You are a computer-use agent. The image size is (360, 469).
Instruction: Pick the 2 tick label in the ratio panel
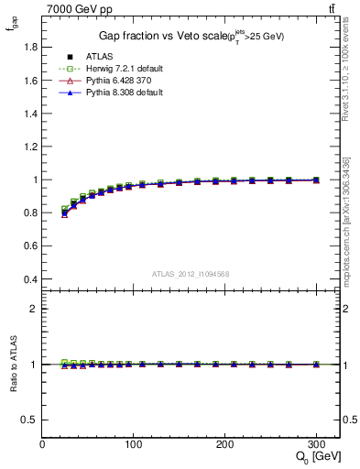(35, 309)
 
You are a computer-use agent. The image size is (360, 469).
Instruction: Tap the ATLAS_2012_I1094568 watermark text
(191, 273)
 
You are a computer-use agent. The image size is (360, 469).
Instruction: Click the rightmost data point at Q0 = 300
(316, 180)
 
